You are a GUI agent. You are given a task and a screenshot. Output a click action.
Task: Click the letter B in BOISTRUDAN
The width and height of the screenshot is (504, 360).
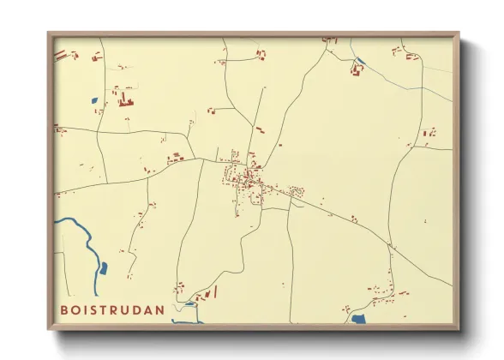pyautogui.click(x=64, y=309)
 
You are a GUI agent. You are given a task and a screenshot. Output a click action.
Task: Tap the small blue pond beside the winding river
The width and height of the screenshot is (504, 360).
pyautogui.click(x=104, y=268)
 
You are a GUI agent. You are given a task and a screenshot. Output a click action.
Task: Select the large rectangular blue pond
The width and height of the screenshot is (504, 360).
pyautogui.click(x=357, y=319)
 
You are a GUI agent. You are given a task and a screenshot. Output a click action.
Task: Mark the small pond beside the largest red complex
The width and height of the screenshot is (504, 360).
pyautogui.click(x=93, y=101)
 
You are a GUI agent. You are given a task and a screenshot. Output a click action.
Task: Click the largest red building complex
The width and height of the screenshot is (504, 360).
pyautogui.click(x=125, y=101)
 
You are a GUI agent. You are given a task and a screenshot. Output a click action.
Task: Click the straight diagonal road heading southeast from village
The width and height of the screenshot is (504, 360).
pyautogui.click(x=360, y=225)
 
